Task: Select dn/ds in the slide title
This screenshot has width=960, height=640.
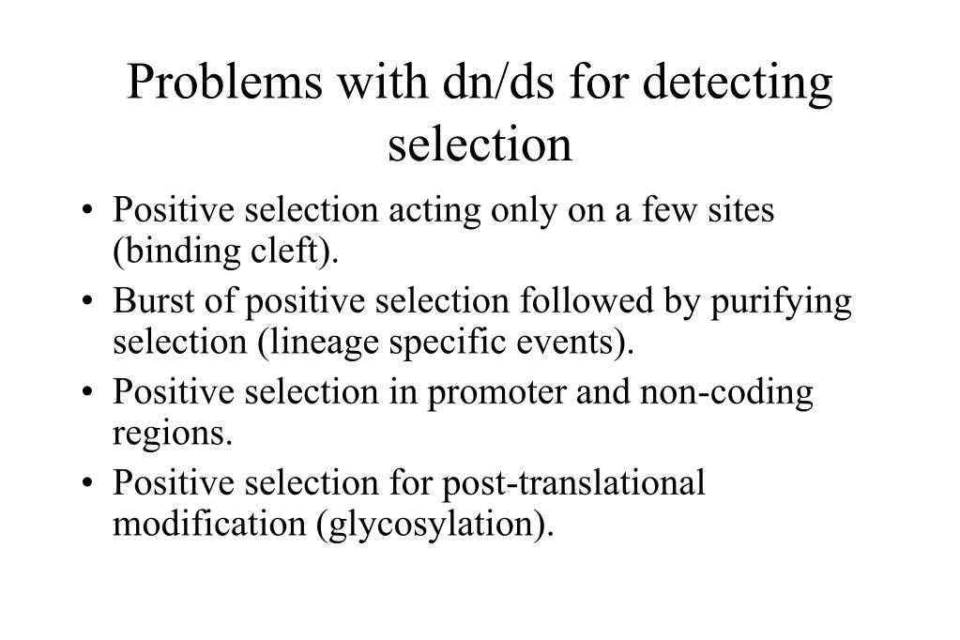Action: coord(480,84)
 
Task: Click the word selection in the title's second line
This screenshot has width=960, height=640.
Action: coord(480,144)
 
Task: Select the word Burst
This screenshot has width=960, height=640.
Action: coord(148,302)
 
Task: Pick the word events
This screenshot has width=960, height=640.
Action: coord(586,343)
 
